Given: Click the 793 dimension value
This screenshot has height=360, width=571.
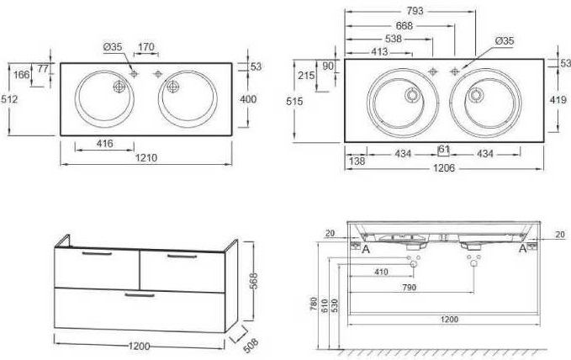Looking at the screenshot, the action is (x=415, y=11).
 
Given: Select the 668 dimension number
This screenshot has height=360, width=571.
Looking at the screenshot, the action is (x=404, y=25).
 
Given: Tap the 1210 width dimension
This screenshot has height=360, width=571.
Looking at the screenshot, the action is (x=146, y=158).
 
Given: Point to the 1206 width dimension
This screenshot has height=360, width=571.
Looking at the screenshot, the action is (x=444, y=168).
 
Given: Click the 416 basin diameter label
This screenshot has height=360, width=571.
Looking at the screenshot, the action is (x=105, y=144).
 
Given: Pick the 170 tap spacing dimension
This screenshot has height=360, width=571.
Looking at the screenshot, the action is (x=146, y=47).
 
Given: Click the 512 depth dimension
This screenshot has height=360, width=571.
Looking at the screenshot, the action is (x=9, y=99).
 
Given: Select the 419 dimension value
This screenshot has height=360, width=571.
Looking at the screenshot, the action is (x=558, y=99).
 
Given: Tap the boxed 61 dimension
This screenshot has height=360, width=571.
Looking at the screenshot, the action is (x=443, y=150).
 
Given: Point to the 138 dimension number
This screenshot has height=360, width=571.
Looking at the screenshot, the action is (x=357, y=161).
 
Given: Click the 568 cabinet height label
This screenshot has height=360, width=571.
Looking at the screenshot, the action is (x=253, y=281).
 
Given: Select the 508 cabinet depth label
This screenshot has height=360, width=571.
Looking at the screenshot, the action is (x=251, y=345).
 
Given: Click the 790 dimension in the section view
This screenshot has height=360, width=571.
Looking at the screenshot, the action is (x=409, y=288).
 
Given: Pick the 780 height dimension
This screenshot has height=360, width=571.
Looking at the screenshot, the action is (x=314, y=304).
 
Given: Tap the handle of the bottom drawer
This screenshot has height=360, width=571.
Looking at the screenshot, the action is (x=140, y=294).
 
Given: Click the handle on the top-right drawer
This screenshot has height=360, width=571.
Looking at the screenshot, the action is (x=182, y=257).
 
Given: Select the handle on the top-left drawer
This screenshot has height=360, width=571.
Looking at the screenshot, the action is (x=97, y=254).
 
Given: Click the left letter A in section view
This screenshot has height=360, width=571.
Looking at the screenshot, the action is (x=366, y=249).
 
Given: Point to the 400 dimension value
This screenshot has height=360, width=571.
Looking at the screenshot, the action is (x=248, y=99).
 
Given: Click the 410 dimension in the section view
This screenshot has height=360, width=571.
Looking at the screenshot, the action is (x=381, y=272).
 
